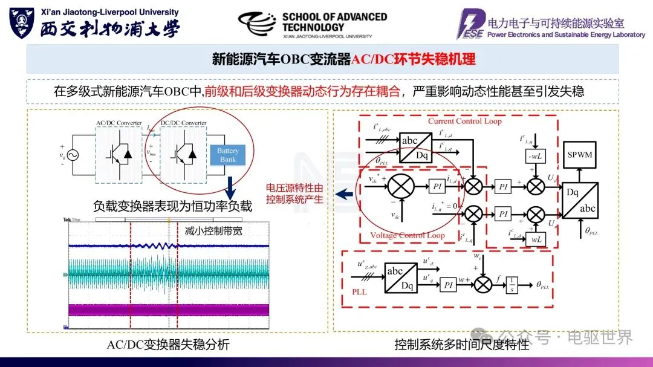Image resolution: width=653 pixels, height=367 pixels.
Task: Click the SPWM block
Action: pyautogui.click(x=580, y=155)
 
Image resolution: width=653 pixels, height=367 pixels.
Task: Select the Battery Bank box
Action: pyautogui.click(x=228, y=155)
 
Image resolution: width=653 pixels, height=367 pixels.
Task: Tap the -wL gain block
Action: pyautogui.click(x=535, y=157)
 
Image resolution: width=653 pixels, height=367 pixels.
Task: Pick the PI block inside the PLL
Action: pyautogui.click(x=448, y=284)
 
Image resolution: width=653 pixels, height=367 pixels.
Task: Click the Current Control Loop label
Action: pyautogui.click(x=464, y=121)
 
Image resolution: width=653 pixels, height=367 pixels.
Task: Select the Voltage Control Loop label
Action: pyautogui.click(x=407, y=235)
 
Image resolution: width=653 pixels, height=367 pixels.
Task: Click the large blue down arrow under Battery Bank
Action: pyautogui.click(x=230, y=185)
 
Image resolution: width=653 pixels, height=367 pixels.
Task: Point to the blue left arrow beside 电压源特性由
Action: pyautogui.click(x=345, y=194)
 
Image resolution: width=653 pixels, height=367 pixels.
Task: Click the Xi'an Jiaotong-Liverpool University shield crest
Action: pyautogui.click(x=21, y=22)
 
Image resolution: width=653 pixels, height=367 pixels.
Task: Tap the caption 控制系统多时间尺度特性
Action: pyautogui.click(x=462, y=345)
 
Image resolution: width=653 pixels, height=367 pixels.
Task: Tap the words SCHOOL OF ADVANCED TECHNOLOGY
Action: pyautogui.click(x=334, y=22)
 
